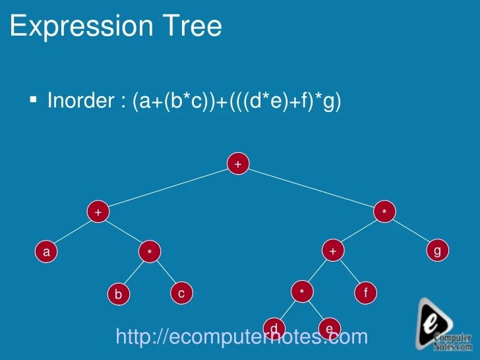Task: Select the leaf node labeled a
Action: [x=45, y=251]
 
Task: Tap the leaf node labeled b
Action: [x=118, y=294]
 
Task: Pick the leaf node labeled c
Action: [x=181, y=293]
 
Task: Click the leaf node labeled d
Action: [x=274, y=327]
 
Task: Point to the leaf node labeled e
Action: [x=328, y=328]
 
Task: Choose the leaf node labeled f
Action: [x=365, y=293]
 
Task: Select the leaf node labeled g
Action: [x=437, y=251]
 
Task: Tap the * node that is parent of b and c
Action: [x=150, y=252]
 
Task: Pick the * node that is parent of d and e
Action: [x=302, y=292]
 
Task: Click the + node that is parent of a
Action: [x=98, y=212]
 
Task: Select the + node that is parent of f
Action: [x=333, y=251]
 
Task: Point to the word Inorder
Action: [x=81, y=101]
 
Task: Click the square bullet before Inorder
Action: [x=33, y=100]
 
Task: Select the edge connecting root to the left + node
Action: [x=167, y=188]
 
